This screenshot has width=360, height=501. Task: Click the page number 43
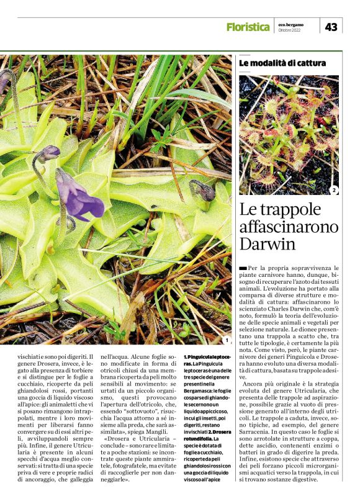[331, 27]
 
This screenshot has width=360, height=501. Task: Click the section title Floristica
[248, 27]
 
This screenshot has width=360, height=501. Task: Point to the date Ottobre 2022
[289, 30]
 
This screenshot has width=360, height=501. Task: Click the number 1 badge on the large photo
[227, 340]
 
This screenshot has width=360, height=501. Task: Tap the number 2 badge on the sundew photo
[334, 190]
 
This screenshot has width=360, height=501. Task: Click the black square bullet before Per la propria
[243, 267]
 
